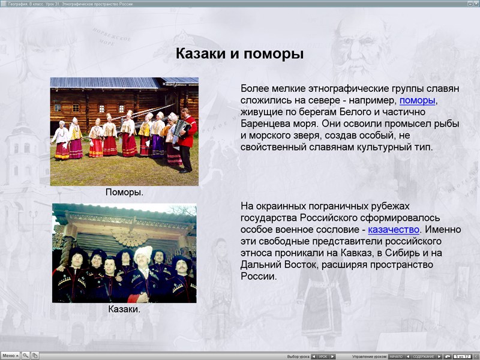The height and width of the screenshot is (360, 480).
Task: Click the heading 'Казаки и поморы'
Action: (239, 53)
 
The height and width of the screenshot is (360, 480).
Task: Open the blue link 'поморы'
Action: (418, 100)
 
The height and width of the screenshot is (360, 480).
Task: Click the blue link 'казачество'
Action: (394, 229)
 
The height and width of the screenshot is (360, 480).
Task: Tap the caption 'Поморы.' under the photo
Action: (124, 193)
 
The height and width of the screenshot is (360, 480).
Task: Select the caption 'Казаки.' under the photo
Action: (124, 310)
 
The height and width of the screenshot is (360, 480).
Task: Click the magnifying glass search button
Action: (26, 356)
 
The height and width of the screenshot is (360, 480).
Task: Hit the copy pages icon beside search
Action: (35, 356)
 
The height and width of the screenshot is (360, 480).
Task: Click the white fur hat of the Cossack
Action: (143, 253)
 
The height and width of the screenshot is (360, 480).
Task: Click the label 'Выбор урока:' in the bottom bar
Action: (298, 356)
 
